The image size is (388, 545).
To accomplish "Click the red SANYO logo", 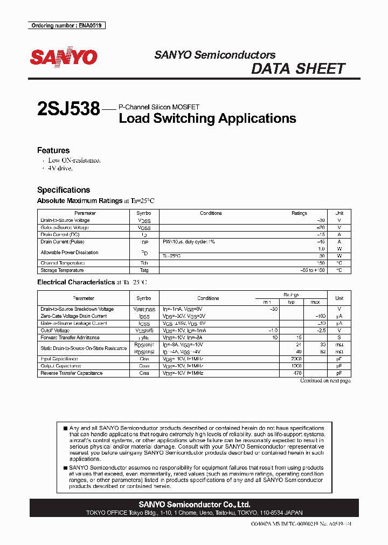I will (64, 57).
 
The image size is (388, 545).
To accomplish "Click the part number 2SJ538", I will (68, 109).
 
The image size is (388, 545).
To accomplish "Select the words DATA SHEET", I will (298, 69).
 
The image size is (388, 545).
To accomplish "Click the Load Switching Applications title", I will (207, 118).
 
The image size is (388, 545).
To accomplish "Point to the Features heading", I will (53, 151).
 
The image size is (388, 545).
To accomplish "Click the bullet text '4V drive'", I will (60, 169).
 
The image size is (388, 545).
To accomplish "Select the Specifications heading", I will (64, 190).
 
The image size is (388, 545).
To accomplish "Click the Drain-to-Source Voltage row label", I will (65, 220).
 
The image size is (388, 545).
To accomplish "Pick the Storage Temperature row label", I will (63, 270).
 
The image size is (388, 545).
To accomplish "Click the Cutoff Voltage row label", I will (55, 330).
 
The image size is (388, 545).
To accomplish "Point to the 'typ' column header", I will (292, 302).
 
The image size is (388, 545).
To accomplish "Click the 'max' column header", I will (315, 302).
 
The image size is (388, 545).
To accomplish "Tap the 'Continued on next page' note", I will (325, 381).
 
